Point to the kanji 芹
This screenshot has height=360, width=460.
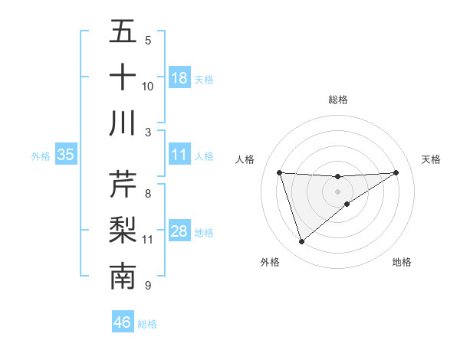pyautogui.click(x=123, y=185)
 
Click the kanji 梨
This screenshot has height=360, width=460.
pyautogui.click(x=123, y=231)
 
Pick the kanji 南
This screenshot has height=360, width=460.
pyautogui.click(x=123, y=277)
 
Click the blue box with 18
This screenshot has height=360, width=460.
pyautogui.click(x=179, y=78)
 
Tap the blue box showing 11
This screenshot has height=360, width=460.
pyautogui.click(x=179, y=155)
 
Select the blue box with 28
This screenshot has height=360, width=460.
pyautogui.click(x=179, y=232)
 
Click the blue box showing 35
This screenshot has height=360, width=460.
pyautogui.click(x=65, y=155)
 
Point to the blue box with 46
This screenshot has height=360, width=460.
pyautogui.click(x=123, y=322)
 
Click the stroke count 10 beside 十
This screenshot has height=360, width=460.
pyautogui.click(x=148, y=87)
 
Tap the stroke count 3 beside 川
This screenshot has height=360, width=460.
pyautogui.click(x=148, y=133)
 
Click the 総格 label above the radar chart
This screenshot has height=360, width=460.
pyautogui.click(x=338, y=100)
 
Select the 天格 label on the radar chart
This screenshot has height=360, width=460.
pyautogui.click(x=432, y=159)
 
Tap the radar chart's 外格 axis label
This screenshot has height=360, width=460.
pyautogui.click(x=269, y=262)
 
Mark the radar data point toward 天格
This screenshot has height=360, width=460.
pyautogui.click(x=396, y=172)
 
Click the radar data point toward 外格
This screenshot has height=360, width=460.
pyautogui.click(x=301, y=242)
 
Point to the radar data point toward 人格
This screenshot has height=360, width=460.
pyautogui.click(x=280, y=172)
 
